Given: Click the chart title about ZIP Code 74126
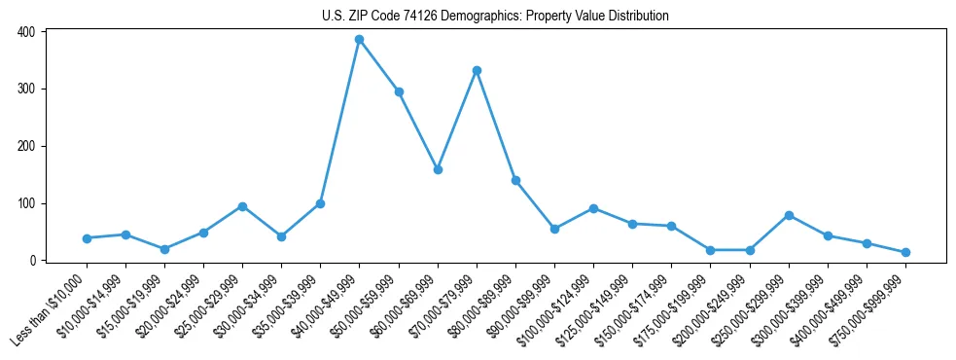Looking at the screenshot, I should (x=495, y=16).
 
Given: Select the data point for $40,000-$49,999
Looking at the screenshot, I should (x=359, y=40).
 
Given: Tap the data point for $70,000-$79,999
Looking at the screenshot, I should (x=477, y=70).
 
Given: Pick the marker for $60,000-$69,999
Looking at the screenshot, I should (x=438, y=169).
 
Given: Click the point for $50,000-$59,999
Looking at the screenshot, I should (x=399, y=91).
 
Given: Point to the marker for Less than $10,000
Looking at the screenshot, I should (x=87, y=238).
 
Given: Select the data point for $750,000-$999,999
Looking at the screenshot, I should (x=905, y=252).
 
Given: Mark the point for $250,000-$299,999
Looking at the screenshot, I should (x=789, y=215).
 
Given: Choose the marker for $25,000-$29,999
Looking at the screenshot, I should (x=242, y=206).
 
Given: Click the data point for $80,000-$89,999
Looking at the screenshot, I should (x=515, y=180).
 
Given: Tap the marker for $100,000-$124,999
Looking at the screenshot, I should (x=593, y=208).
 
